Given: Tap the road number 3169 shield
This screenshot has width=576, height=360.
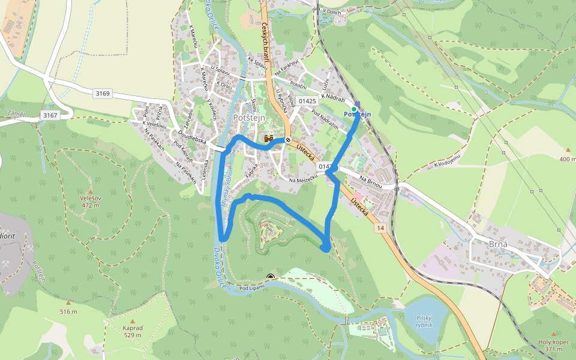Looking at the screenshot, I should (x=103, y=93).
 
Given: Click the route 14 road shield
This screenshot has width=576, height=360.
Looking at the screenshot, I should (x=380, y=229).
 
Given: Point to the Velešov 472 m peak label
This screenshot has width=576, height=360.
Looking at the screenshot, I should (x=90, y=201).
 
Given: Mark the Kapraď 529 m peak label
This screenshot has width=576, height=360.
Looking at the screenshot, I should (x=132, y=331).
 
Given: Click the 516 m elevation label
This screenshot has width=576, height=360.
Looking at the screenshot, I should (x=68, y=311).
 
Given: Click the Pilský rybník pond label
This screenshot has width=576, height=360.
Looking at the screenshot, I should (x=424, y=322).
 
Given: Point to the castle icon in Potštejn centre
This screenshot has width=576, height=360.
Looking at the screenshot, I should (x=269, y=139).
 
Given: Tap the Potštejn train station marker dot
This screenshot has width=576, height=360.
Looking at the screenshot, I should (x=354, y=109).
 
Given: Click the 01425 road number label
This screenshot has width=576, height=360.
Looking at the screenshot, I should (x=307, y=101).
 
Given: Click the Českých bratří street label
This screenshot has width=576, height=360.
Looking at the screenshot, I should (x=265, y=42).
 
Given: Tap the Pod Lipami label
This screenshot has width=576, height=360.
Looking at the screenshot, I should (x=252, y=289).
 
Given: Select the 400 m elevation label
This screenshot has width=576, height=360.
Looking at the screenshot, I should (x=567, y=159).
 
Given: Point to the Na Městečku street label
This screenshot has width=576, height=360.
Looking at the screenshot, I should (x=302, y=181).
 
